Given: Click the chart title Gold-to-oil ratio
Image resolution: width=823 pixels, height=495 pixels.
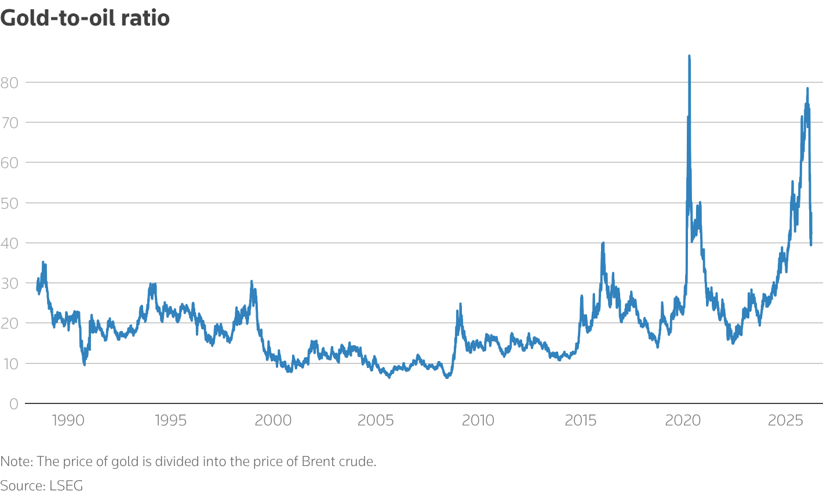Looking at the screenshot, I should [85, 18].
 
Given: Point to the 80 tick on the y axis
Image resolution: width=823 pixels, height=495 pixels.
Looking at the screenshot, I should [9, 82].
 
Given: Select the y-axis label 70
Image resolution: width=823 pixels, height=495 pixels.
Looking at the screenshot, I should [9, 122].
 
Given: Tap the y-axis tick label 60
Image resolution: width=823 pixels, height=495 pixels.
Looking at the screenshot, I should [9, 162].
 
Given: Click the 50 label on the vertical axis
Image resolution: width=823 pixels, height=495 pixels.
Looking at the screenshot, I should [9, 203].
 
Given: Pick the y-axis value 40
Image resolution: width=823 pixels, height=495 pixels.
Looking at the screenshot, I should [9, 243].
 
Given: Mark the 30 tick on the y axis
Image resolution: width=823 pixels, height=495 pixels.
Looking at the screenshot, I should [9, 283].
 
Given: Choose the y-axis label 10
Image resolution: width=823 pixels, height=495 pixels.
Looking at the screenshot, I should [9, 363].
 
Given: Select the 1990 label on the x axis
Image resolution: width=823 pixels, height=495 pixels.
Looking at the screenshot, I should [68, 420].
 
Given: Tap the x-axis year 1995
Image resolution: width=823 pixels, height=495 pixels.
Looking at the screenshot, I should [170, 420].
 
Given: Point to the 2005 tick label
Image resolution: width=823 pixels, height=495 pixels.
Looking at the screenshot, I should [376, 420].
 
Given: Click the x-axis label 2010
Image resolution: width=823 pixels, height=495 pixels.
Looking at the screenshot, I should [478, 420].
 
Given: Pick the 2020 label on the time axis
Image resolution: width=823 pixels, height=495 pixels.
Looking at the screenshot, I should [683, 420].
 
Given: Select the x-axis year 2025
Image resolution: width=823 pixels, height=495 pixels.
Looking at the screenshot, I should [785, 420].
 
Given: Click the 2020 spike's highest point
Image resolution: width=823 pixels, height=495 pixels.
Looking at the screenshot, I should [689, 56].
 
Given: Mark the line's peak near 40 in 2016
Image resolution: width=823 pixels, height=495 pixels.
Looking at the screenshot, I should [603, 243].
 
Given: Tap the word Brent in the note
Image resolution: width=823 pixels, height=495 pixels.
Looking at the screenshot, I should [318, 462].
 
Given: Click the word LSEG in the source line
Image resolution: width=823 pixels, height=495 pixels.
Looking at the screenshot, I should [65, 485].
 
